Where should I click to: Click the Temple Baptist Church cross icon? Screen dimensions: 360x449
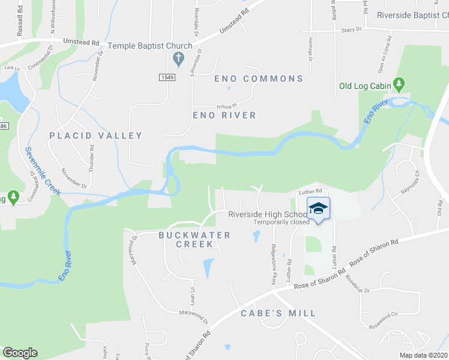coord(178,59)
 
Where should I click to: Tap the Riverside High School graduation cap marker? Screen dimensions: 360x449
coord(319,208)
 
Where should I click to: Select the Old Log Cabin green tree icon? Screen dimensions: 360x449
coord(398,85)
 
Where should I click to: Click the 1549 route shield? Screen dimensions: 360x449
coord(167,77)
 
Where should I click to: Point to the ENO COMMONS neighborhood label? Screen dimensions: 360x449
coord(259,79)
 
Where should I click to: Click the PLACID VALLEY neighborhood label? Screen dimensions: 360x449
coord(96,136)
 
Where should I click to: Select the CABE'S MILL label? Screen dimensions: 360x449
coord(278,313)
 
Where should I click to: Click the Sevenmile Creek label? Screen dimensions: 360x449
coord(43,170)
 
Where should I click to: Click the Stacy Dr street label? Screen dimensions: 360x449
coord(352,29)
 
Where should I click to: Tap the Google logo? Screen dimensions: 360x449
coord(20,353)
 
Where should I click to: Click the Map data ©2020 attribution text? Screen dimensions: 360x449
coord(423,355)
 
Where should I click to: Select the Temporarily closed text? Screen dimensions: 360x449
coord(282,222)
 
